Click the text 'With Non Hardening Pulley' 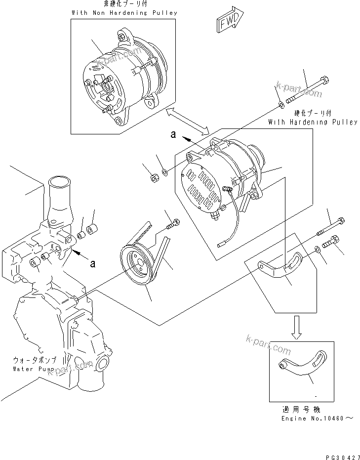coord(124,13)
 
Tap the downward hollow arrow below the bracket coord(296,329)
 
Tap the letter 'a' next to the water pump coord(92,263)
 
